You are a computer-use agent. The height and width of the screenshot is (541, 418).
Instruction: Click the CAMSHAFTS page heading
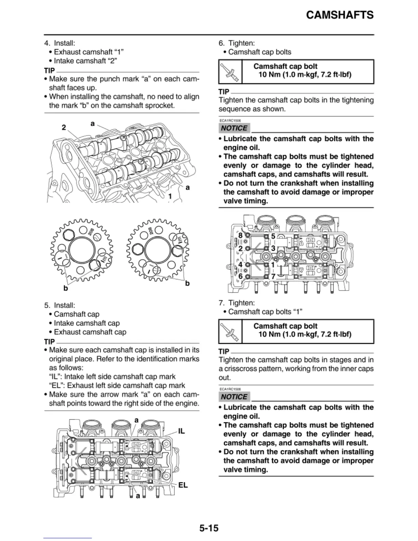[x=339, y=15]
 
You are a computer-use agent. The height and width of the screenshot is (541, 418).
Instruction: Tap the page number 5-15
[x=209, y=528]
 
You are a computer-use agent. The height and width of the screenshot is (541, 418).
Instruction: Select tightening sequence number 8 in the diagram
[x=240, y=236]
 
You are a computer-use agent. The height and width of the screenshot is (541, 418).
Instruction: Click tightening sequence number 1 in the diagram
[x=273, y=265]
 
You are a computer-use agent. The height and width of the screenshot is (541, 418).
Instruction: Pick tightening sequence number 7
[x=273, y=276]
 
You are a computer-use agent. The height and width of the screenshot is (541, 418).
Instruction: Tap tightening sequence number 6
[x=240, y=276]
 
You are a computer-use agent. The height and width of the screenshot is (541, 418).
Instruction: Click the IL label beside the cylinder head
[x=181, y=431]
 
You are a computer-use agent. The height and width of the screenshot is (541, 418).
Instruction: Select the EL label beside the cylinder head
[x=183, y=485]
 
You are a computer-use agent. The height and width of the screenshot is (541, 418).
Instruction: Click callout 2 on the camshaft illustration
[x=64, y=127]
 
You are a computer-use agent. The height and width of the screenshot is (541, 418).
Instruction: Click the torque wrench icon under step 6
[x=230, y=72]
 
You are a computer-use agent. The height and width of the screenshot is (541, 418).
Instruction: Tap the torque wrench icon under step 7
[x=230, y=331]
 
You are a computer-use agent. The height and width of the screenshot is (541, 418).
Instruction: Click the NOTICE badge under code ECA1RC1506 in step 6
[x=234, y=128]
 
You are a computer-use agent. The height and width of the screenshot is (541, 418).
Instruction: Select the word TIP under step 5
[x=50, y=342]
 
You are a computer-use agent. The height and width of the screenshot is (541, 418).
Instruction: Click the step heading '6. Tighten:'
[x=237, y=43]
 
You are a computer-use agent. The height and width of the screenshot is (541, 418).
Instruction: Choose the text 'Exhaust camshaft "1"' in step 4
[x=88, y=52]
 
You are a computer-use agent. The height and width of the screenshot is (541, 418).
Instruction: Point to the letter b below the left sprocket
[x=66, y=288]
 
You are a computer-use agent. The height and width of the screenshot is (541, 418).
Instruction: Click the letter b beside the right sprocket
[x=187, y=283]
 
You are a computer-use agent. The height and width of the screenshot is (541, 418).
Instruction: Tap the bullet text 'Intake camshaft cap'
[x=87, y=323]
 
